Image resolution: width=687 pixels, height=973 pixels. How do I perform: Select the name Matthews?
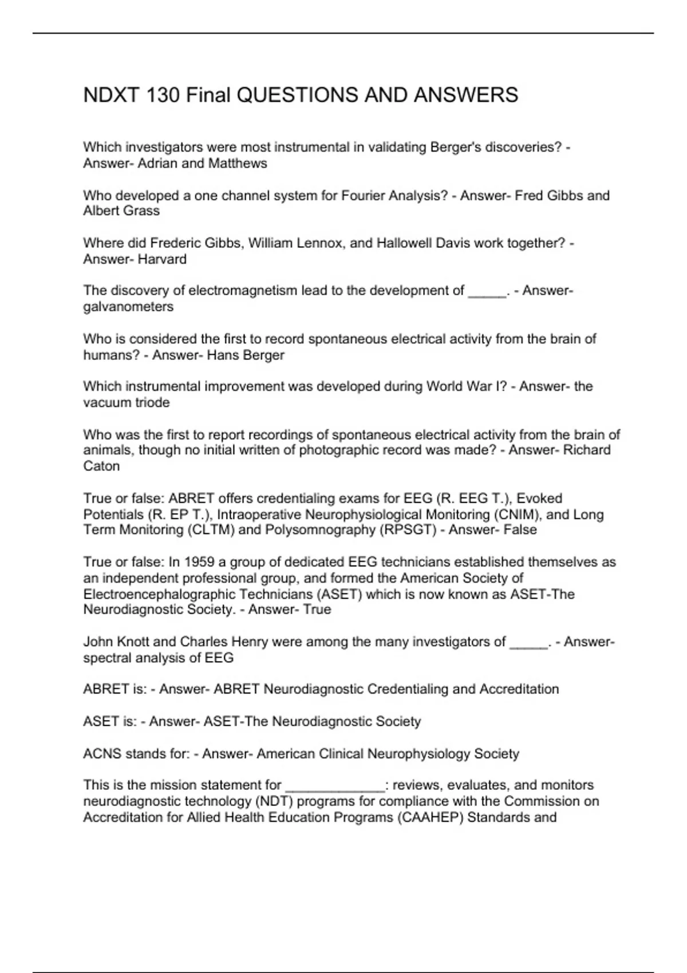[238, 164]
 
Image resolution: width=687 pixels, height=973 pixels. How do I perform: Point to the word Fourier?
[364, 196]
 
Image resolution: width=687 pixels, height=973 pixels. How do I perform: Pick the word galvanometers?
[128, 307]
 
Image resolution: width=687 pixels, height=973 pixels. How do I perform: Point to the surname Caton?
[101, 466]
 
